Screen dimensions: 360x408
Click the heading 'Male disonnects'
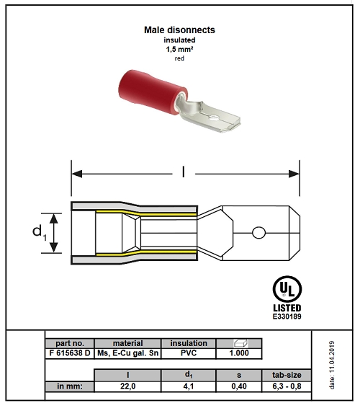(x=179, y=30)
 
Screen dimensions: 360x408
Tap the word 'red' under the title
(x=179, y=58)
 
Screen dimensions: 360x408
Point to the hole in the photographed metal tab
(x=214, y=118)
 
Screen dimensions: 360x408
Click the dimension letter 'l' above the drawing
(x=184, y=172)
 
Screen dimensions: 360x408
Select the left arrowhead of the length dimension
(x=77, y=174)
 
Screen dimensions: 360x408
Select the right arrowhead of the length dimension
(x=294, y=174)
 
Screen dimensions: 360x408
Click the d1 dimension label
(x=40, y=232)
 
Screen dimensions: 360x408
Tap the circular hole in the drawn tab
(x=258, y=233)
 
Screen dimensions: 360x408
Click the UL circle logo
(x=287, y=289)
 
